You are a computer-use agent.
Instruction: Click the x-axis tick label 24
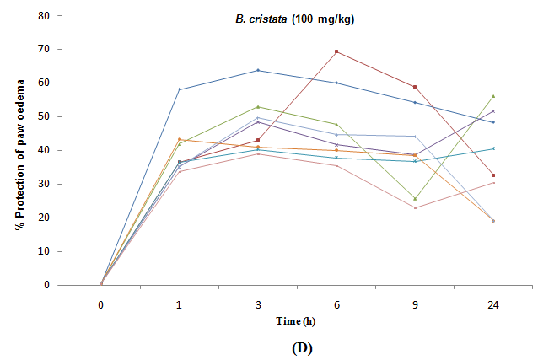click(x=492, y=304)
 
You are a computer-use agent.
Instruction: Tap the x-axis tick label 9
click(x=414, y=304)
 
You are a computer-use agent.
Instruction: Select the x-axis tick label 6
click(x=336, y=304)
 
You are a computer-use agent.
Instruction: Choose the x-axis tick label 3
click(x=257, y=304)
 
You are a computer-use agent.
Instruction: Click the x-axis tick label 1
click(x=179, y=304)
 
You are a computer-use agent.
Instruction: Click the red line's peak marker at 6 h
click(x=336, y=51)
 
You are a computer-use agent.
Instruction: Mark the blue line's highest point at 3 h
click(x=258, y=70)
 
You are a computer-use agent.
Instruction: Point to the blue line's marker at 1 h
click(x=180, y=89)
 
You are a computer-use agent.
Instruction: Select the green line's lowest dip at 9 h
click(x=415, y=199)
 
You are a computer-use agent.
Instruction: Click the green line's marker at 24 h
click(x=492, y=96)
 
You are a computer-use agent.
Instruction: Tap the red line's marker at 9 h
click(x=415, y=87)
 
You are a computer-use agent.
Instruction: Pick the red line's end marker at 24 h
click(x=492, y=175)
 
